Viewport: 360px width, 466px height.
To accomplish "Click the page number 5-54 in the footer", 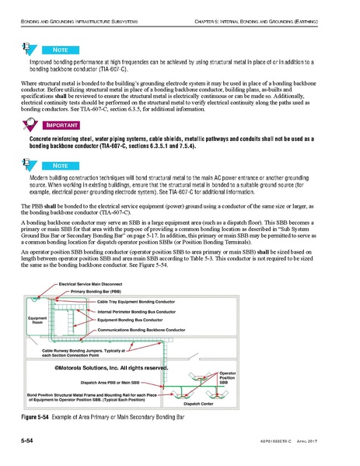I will click(32, 442).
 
